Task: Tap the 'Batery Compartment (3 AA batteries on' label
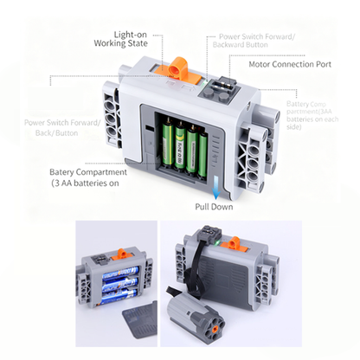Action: click(88, 177)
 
